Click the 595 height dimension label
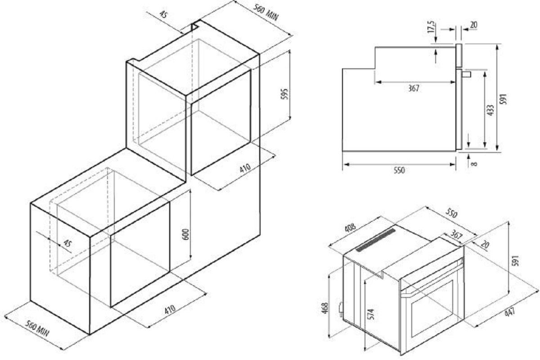point(284,94)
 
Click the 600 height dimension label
point(185,234)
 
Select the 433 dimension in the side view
point(490,110)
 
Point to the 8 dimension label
point(474,164)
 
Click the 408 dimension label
point(350,228)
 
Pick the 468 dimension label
point(325,308)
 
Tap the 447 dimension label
point(509,312)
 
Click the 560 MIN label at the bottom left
point(37,328)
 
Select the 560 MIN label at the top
point(266,12)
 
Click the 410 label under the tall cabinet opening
point(245,168)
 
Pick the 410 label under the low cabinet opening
point(170,309)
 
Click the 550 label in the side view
point(399,170)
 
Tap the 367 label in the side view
point(414,88)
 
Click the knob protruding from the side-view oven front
point(466,74)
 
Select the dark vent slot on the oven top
point(376,240)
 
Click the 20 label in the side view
point(473,25)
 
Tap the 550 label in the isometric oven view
point(451,213)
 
